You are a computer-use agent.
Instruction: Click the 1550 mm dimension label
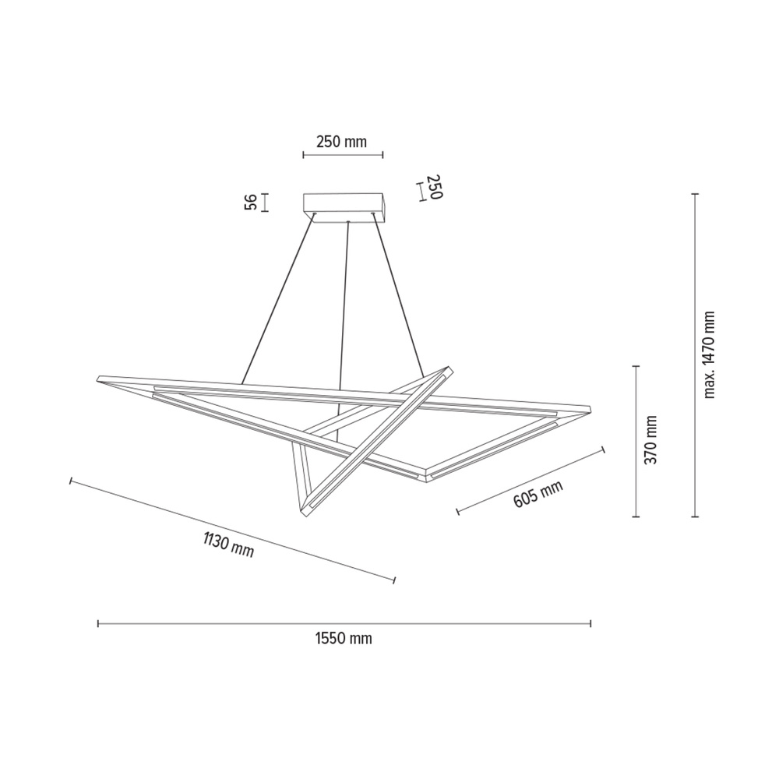(x=344, y=639)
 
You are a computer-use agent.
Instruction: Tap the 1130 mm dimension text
(x=228, y=544)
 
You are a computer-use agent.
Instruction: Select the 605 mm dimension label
(x=538, y=495)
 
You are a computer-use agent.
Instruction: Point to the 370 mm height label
(x=652, y=439)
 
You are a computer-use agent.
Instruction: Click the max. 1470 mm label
(x=709, y=354)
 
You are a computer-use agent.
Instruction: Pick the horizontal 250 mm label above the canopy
(x=341, y=142)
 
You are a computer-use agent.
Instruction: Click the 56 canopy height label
(x=251, y=202)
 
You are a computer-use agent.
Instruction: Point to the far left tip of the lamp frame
(x=97, y=379)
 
